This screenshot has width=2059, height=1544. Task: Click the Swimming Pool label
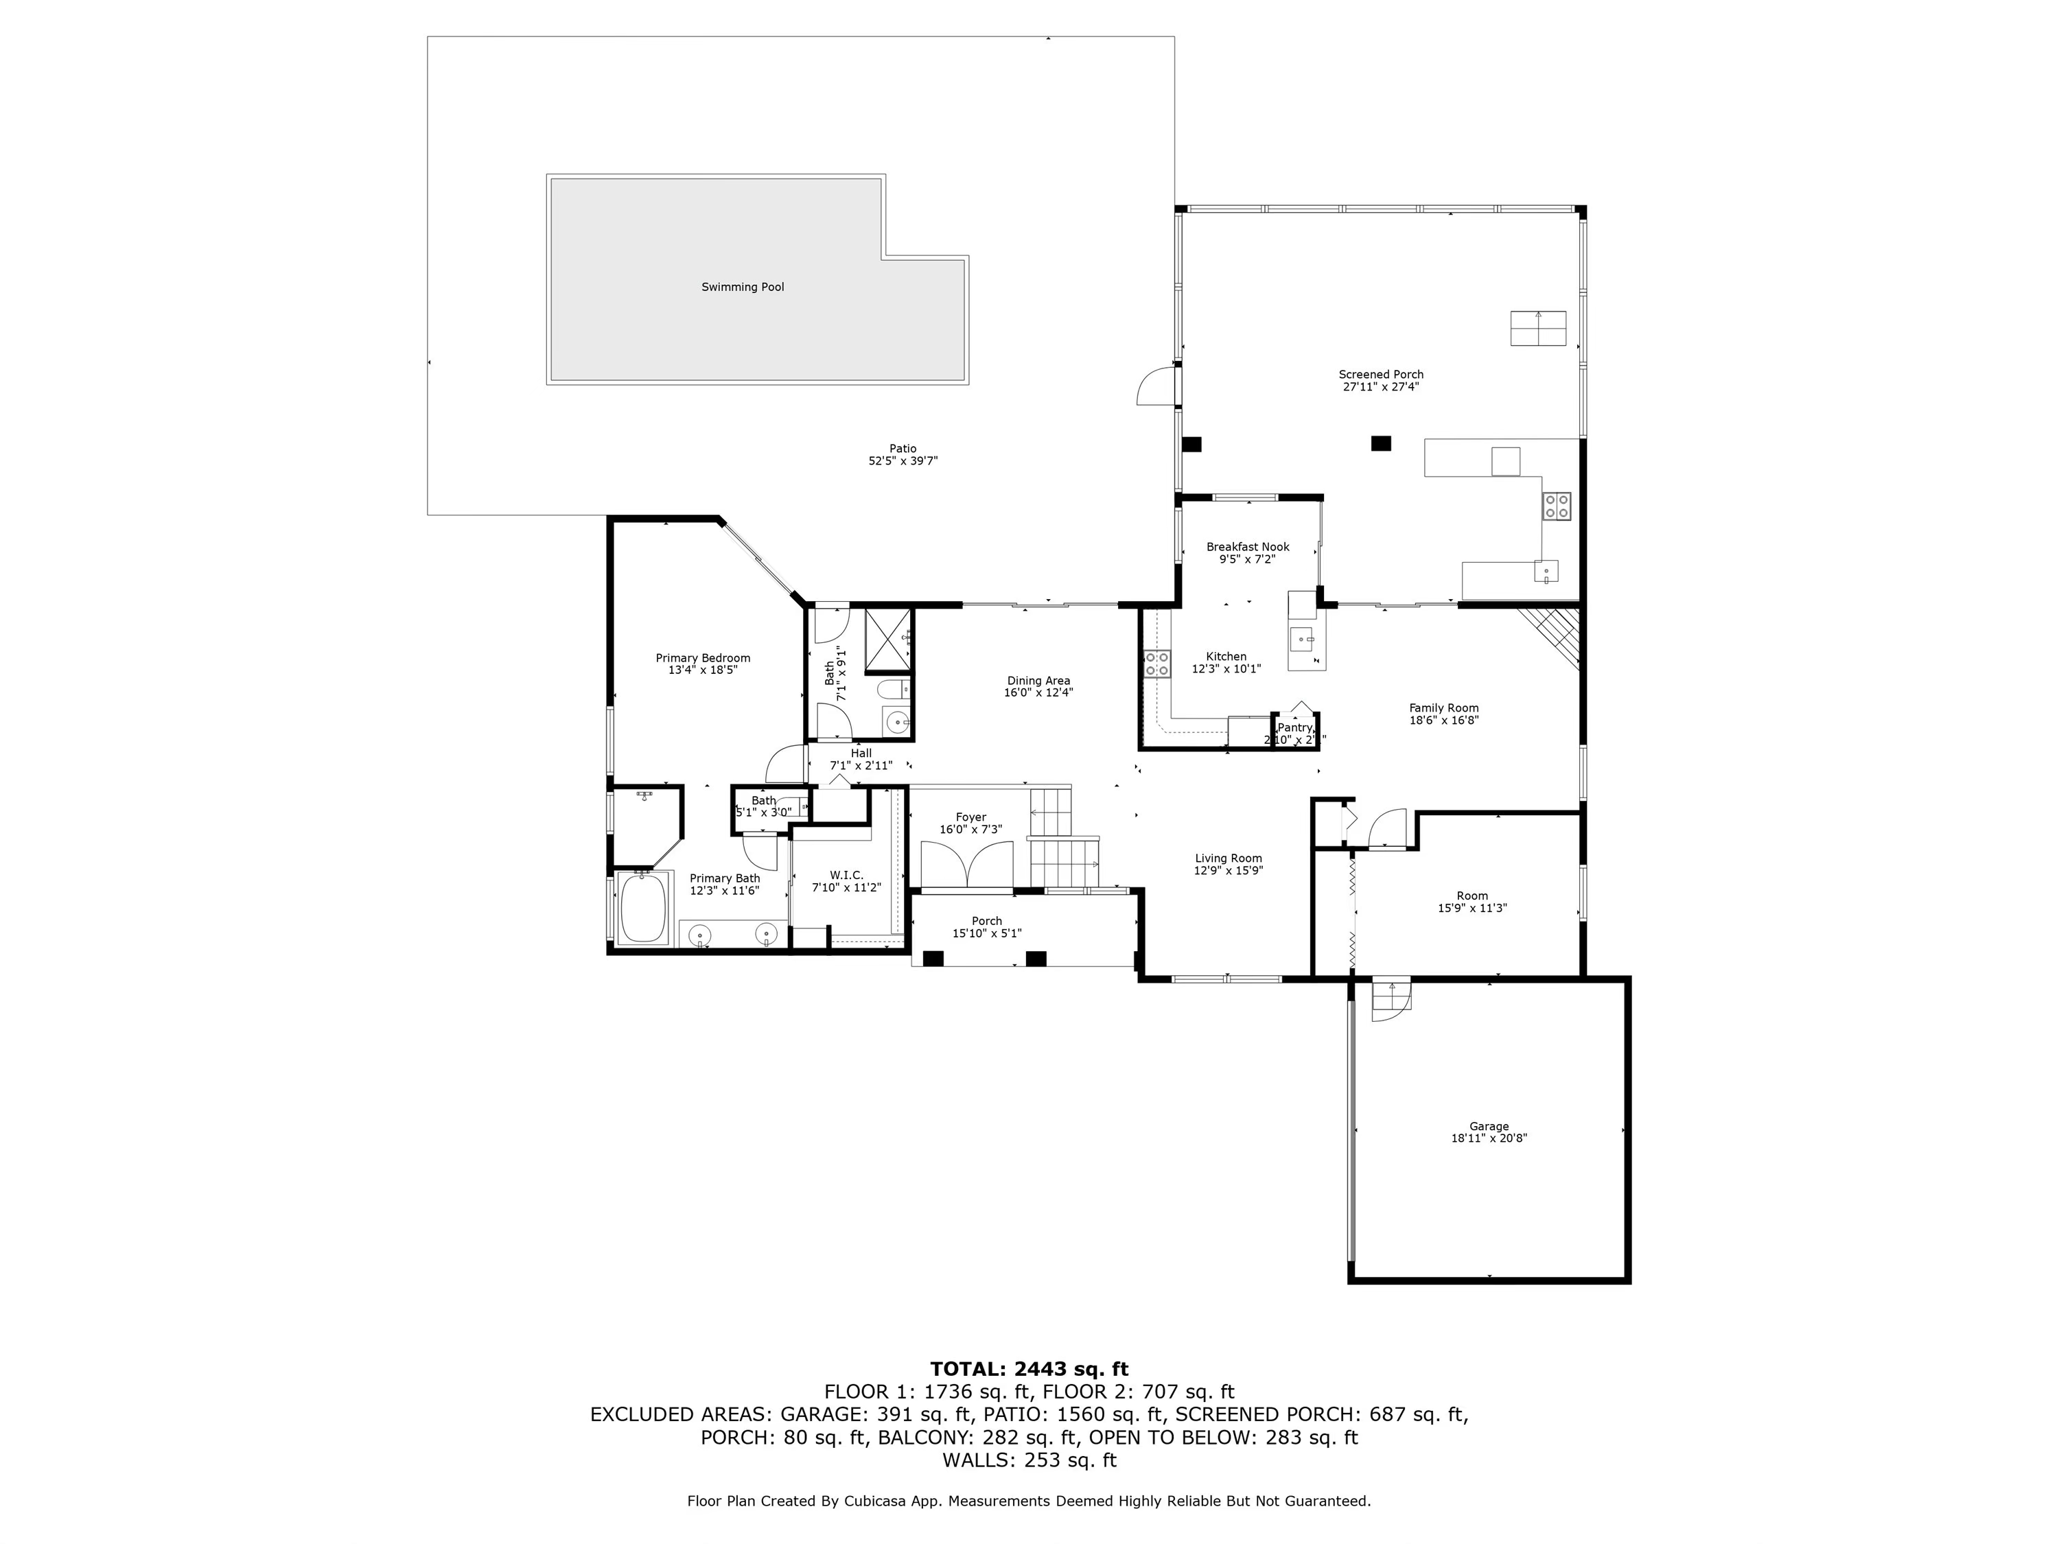coord(742,287)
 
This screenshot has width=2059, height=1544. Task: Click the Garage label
coord(1489,1126)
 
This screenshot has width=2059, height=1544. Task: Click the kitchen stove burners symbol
coord(1157,664)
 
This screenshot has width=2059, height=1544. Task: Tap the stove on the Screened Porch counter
coord(1557,505)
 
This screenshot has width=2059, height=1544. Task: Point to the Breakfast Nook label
coord(1247,547)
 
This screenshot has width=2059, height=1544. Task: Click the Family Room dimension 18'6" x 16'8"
coord(1444,719)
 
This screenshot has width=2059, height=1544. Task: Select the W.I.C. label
coord(846,876)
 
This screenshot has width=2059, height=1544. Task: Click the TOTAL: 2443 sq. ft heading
coord(1029,1369)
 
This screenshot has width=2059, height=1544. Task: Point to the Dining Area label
coord(1038,680)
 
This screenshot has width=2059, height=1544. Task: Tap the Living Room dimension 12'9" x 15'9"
coord(1228,870)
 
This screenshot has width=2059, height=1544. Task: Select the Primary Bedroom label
coord(702,658)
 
